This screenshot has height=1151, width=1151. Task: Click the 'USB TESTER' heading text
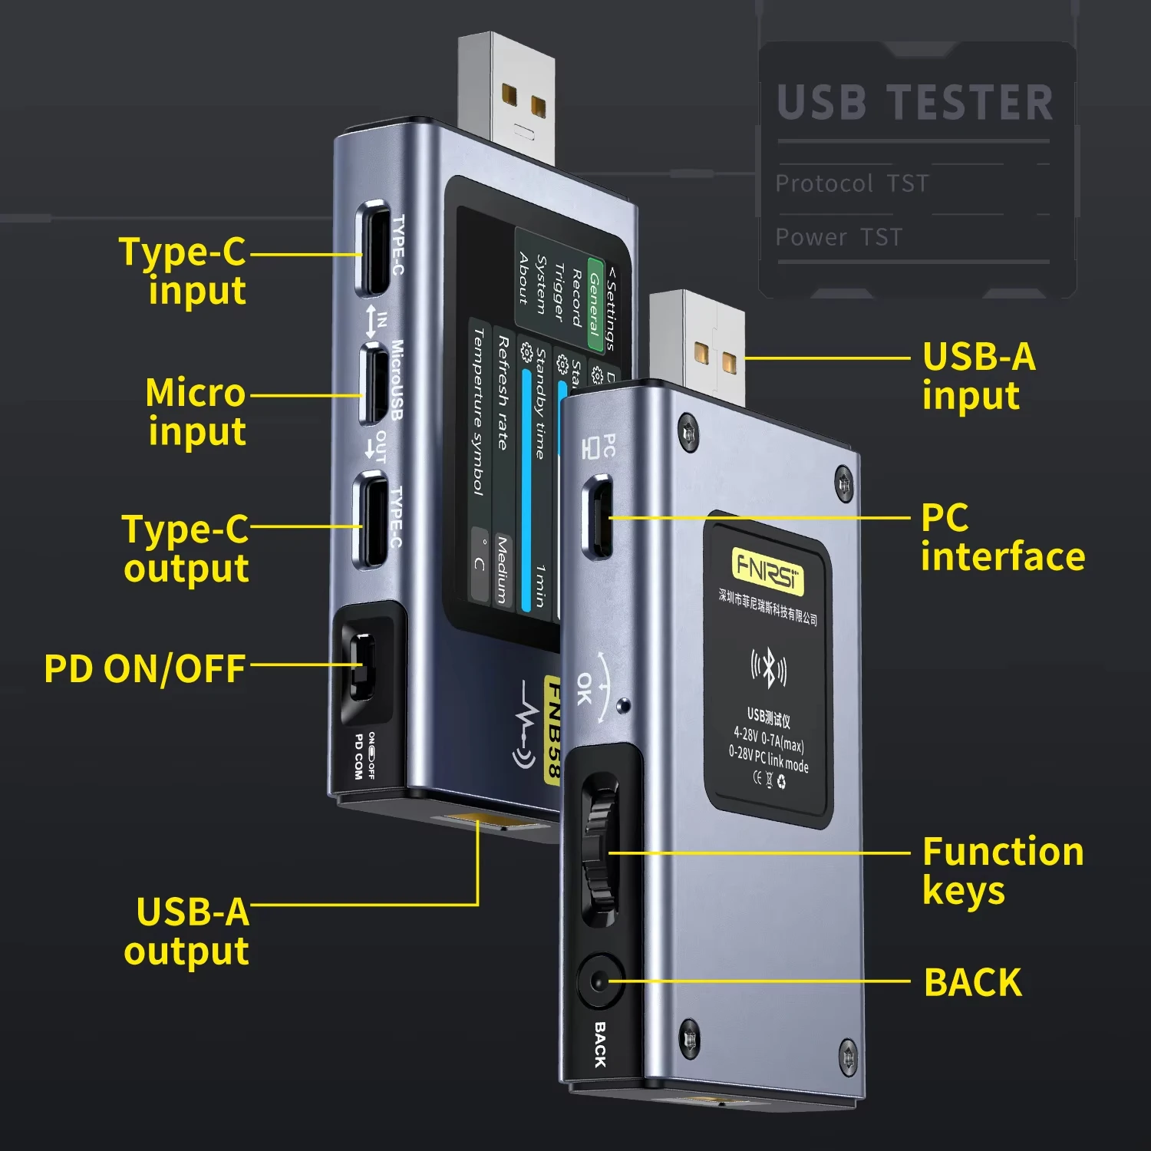coord(915,104)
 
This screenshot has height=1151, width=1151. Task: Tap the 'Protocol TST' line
coord(852,184)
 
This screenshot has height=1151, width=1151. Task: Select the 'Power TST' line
coord(839,238)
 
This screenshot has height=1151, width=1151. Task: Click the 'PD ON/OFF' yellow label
coord(145,669)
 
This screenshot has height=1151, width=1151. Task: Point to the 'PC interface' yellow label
coord(1002,537)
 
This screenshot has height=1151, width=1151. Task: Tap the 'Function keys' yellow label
coord(1002,871)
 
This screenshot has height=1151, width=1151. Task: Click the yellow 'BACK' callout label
coord(973,983)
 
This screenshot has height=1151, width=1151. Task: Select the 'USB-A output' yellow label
coord(188,932)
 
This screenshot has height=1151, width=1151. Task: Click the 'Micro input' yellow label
coord(196,412)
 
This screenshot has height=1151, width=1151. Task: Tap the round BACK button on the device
coord(599,981)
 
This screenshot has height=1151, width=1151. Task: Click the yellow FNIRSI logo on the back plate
coord(767,569)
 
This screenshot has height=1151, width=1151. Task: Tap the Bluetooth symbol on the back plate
coord(768,668)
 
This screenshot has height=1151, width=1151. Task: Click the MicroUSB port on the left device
coord(374,384)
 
